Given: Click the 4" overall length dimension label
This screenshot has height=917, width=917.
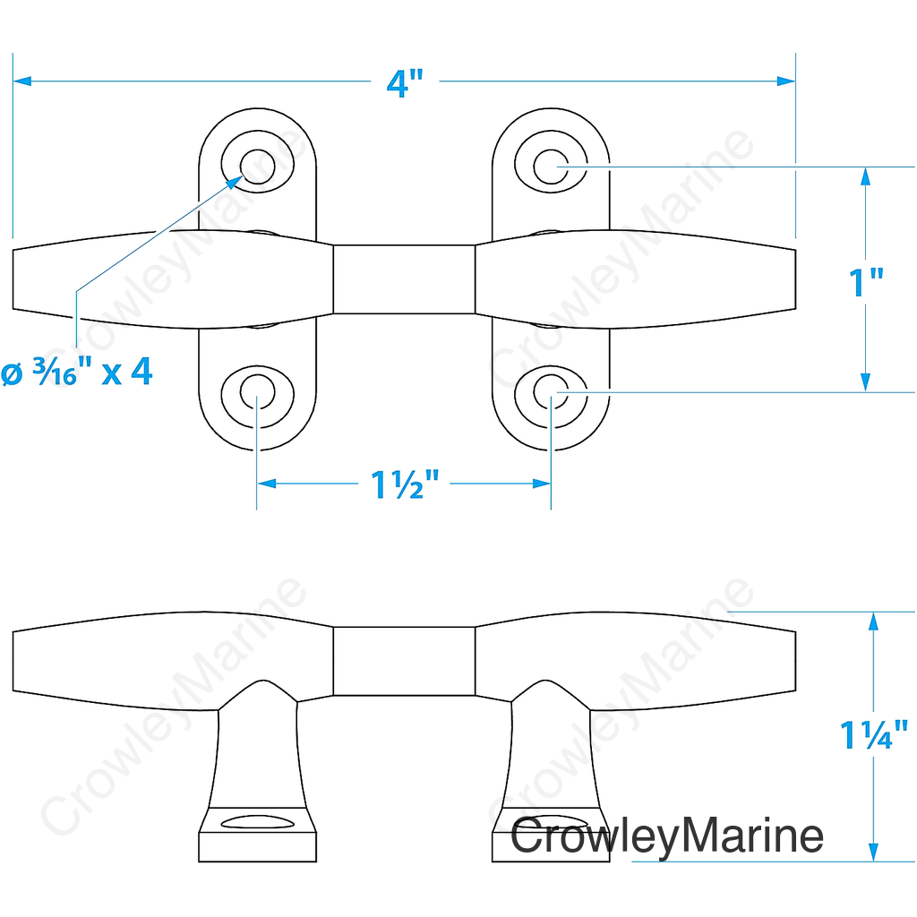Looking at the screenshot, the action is click(x=405, y=82).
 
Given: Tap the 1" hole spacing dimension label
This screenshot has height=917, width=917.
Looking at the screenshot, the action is click(x=866, y=282).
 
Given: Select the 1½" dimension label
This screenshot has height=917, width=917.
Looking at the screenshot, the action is click(x=405, y=484).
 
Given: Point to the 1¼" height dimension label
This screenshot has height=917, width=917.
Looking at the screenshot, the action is click(x=874, y=734).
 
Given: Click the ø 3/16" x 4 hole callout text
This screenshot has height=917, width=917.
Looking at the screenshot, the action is click(x=77, y=372).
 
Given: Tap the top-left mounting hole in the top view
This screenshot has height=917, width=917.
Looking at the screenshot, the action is click(x=257, y=167).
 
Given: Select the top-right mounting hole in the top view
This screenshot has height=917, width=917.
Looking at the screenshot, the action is click(x=551, y=167).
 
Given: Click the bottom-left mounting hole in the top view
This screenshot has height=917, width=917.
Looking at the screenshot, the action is click(x=257, y=392).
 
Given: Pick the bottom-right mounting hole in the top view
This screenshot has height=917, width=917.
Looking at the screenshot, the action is click(x=551, y=392).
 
